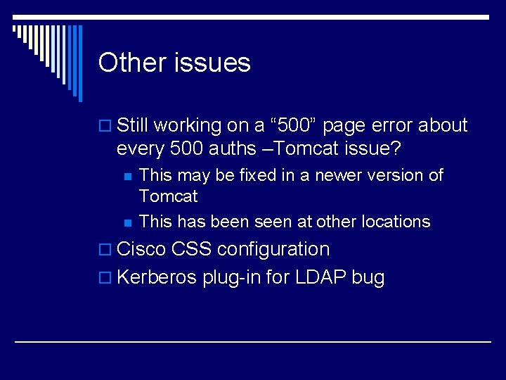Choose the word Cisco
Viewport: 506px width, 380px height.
[141, 249]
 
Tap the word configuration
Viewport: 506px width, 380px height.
[273, 249]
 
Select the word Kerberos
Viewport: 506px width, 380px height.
[157, 277]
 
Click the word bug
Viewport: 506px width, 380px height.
[368, 277]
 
